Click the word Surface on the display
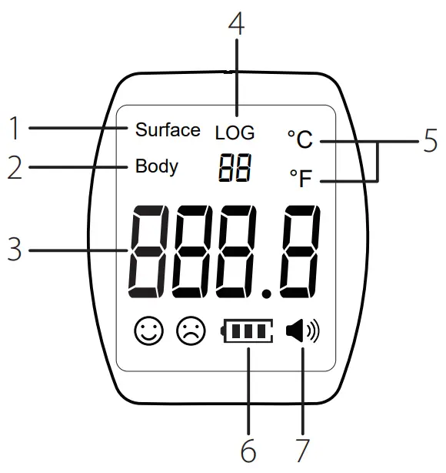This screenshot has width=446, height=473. tap(168, 129)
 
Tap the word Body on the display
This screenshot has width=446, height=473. tap(157, 166)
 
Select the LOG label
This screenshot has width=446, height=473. tap(235, 133)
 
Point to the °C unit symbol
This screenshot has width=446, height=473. tap(300, 139)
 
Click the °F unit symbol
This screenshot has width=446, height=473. tap(301, 178)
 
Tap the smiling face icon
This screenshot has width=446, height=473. tap(148, 330)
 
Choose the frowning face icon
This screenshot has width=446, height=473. tap(191, 330)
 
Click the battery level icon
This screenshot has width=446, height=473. tap(247, 330)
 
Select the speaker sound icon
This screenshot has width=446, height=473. tap(302, 330)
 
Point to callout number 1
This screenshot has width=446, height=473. tap(14, 128)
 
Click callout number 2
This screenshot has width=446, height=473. tap(15, 167)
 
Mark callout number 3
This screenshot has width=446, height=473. tap(14, 249)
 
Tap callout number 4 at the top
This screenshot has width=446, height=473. tap(236, 23)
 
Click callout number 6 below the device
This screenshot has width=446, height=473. tap(248, 451)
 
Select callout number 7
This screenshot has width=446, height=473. tap(302, 451)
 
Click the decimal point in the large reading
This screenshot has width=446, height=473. tap(266, 294)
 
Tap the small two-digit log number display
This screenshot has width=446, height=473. tap(235, 168)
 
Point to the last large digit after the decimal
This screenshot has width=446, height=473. tap(300, 252)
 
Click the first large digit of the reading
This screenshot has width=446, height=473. tap(148, 252)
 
